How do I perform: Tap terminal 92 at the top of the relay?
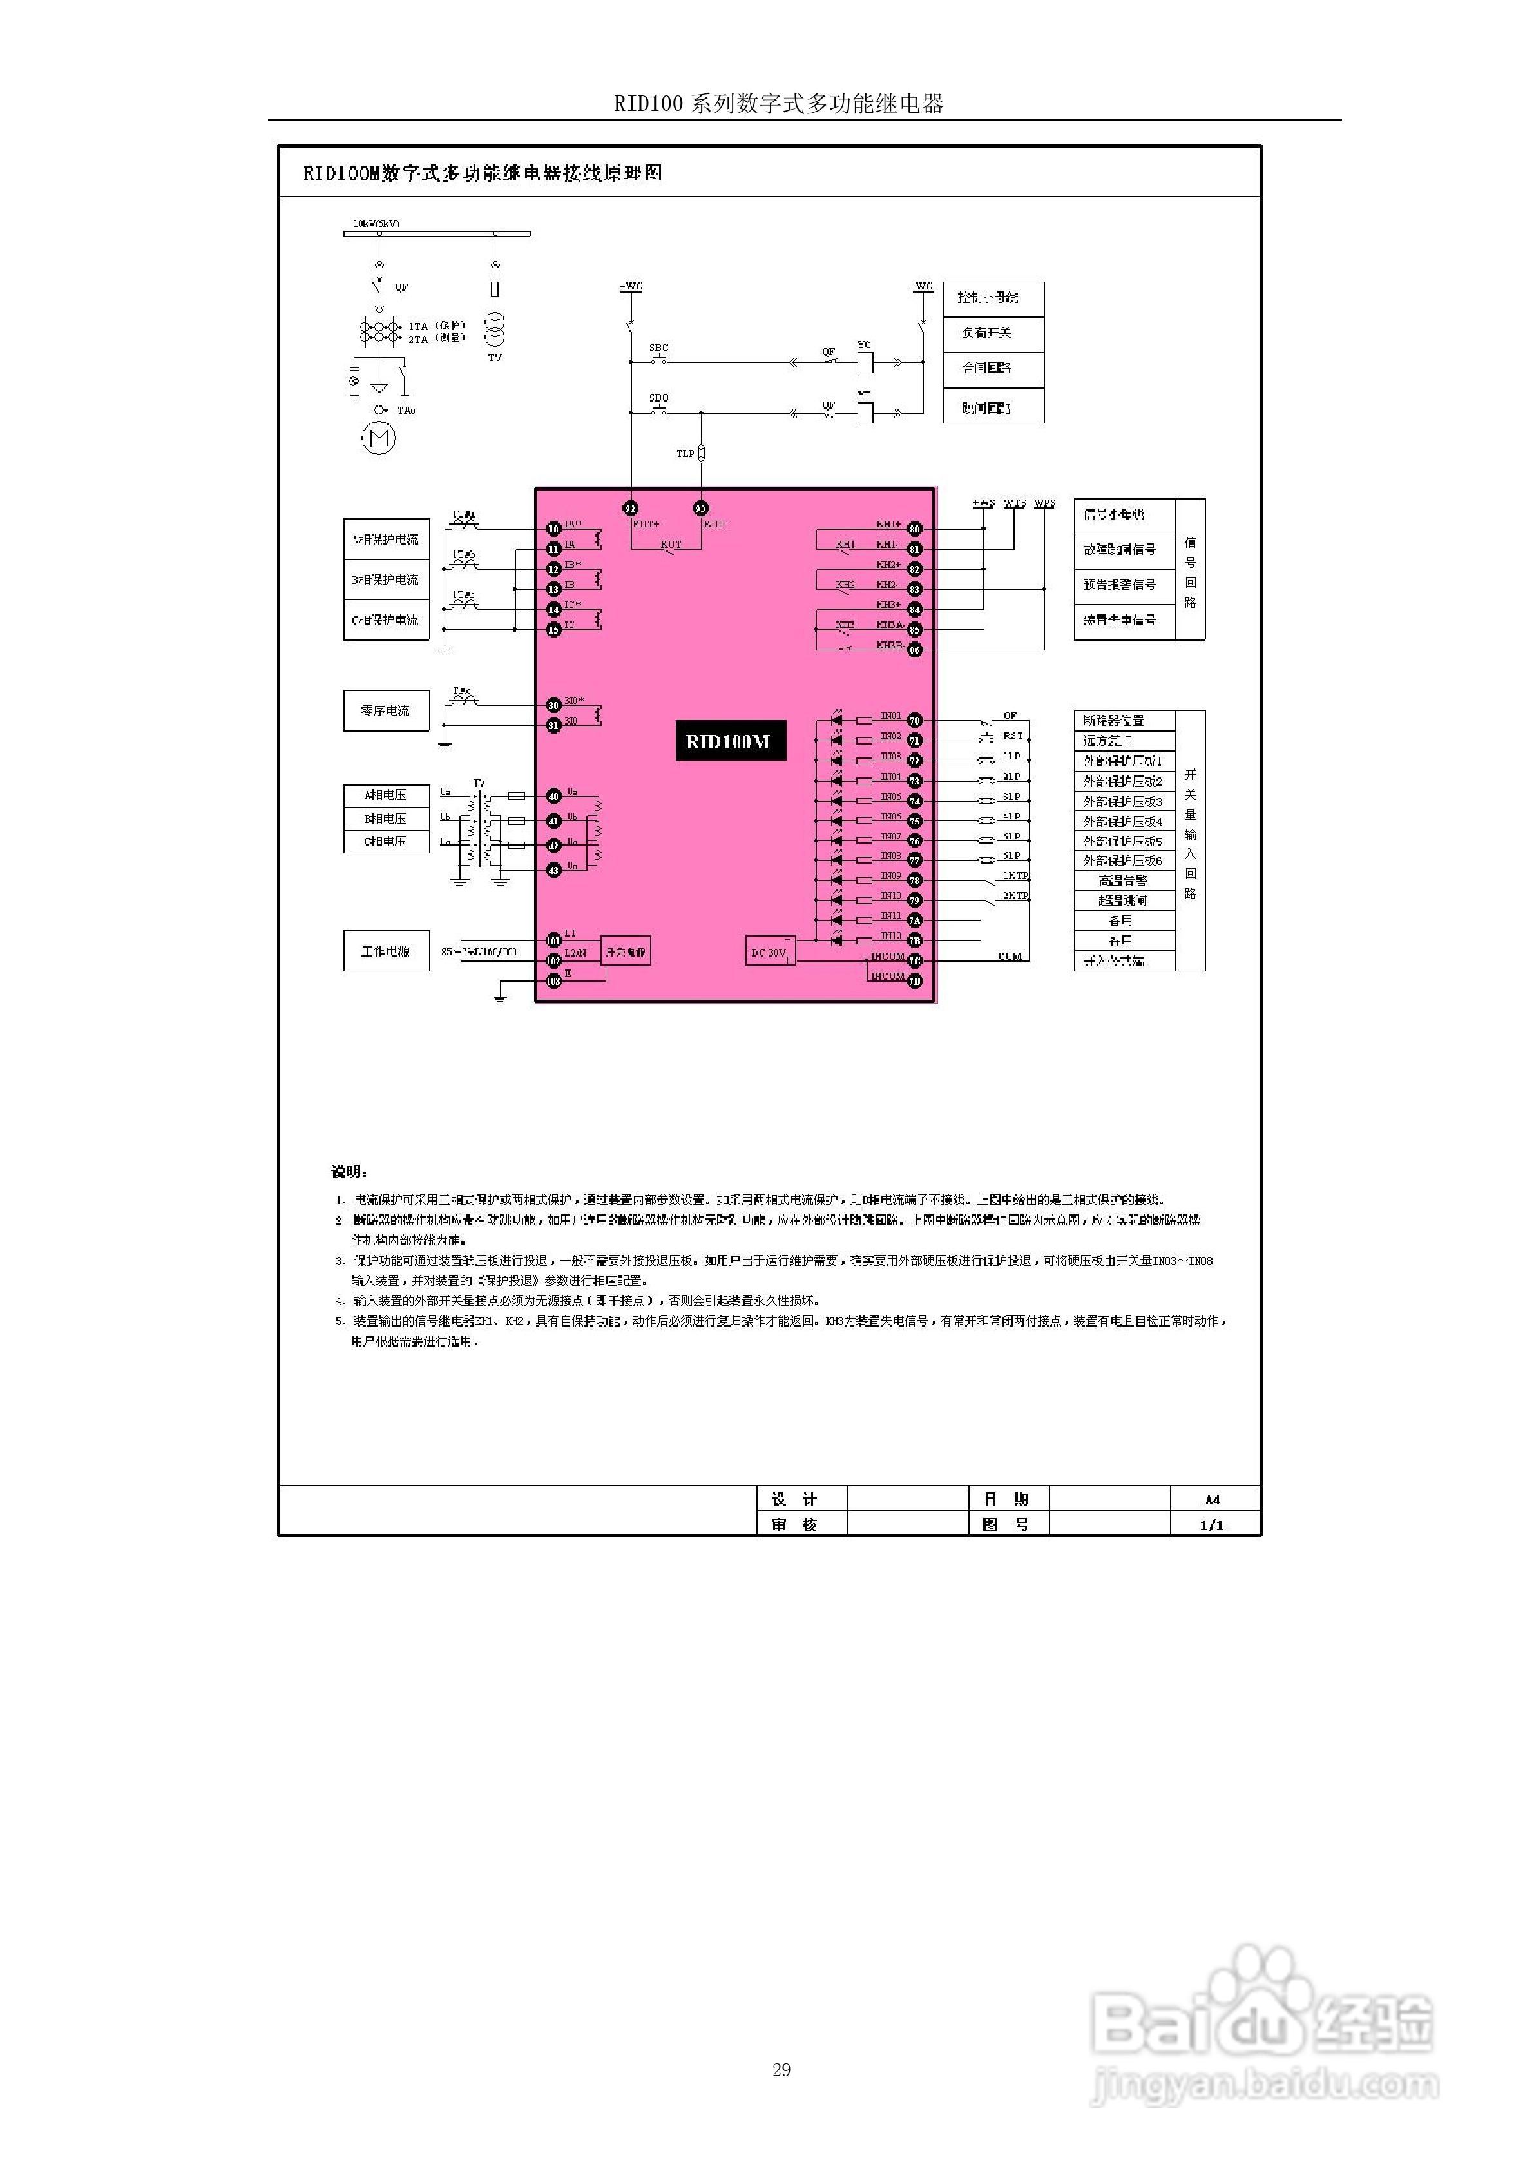click(x=631, y=508)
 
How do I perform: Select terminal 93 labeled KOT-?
click(x=700, y=508)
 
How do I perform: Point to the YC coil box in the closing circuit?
click(x=864, y=361)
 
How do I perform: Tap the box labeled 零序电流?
click(x=386, y=710)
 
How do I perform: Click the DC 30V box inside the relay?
click(x=769, y=952)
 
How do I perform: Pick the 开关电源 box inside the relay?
click(x=626, y=952)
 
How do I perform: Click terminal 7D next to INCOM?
click(x=914, y=982)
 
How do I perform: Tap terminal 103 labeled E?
click(x=554, y=982)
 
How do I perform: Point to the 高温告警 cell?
click(x=1123, y=881)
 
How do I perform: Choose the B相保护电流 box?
click(x=386, y=579)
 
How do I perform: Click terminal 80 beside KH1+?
click(x=914, y=529)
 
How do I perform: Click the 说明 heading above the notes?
click(x=349, y=1173)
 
